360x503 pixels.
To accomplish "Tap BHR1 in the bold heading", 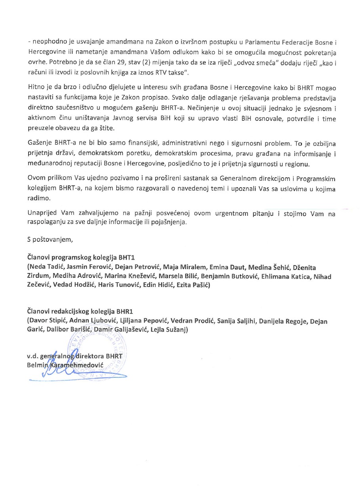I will click(x=128, y=312).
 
